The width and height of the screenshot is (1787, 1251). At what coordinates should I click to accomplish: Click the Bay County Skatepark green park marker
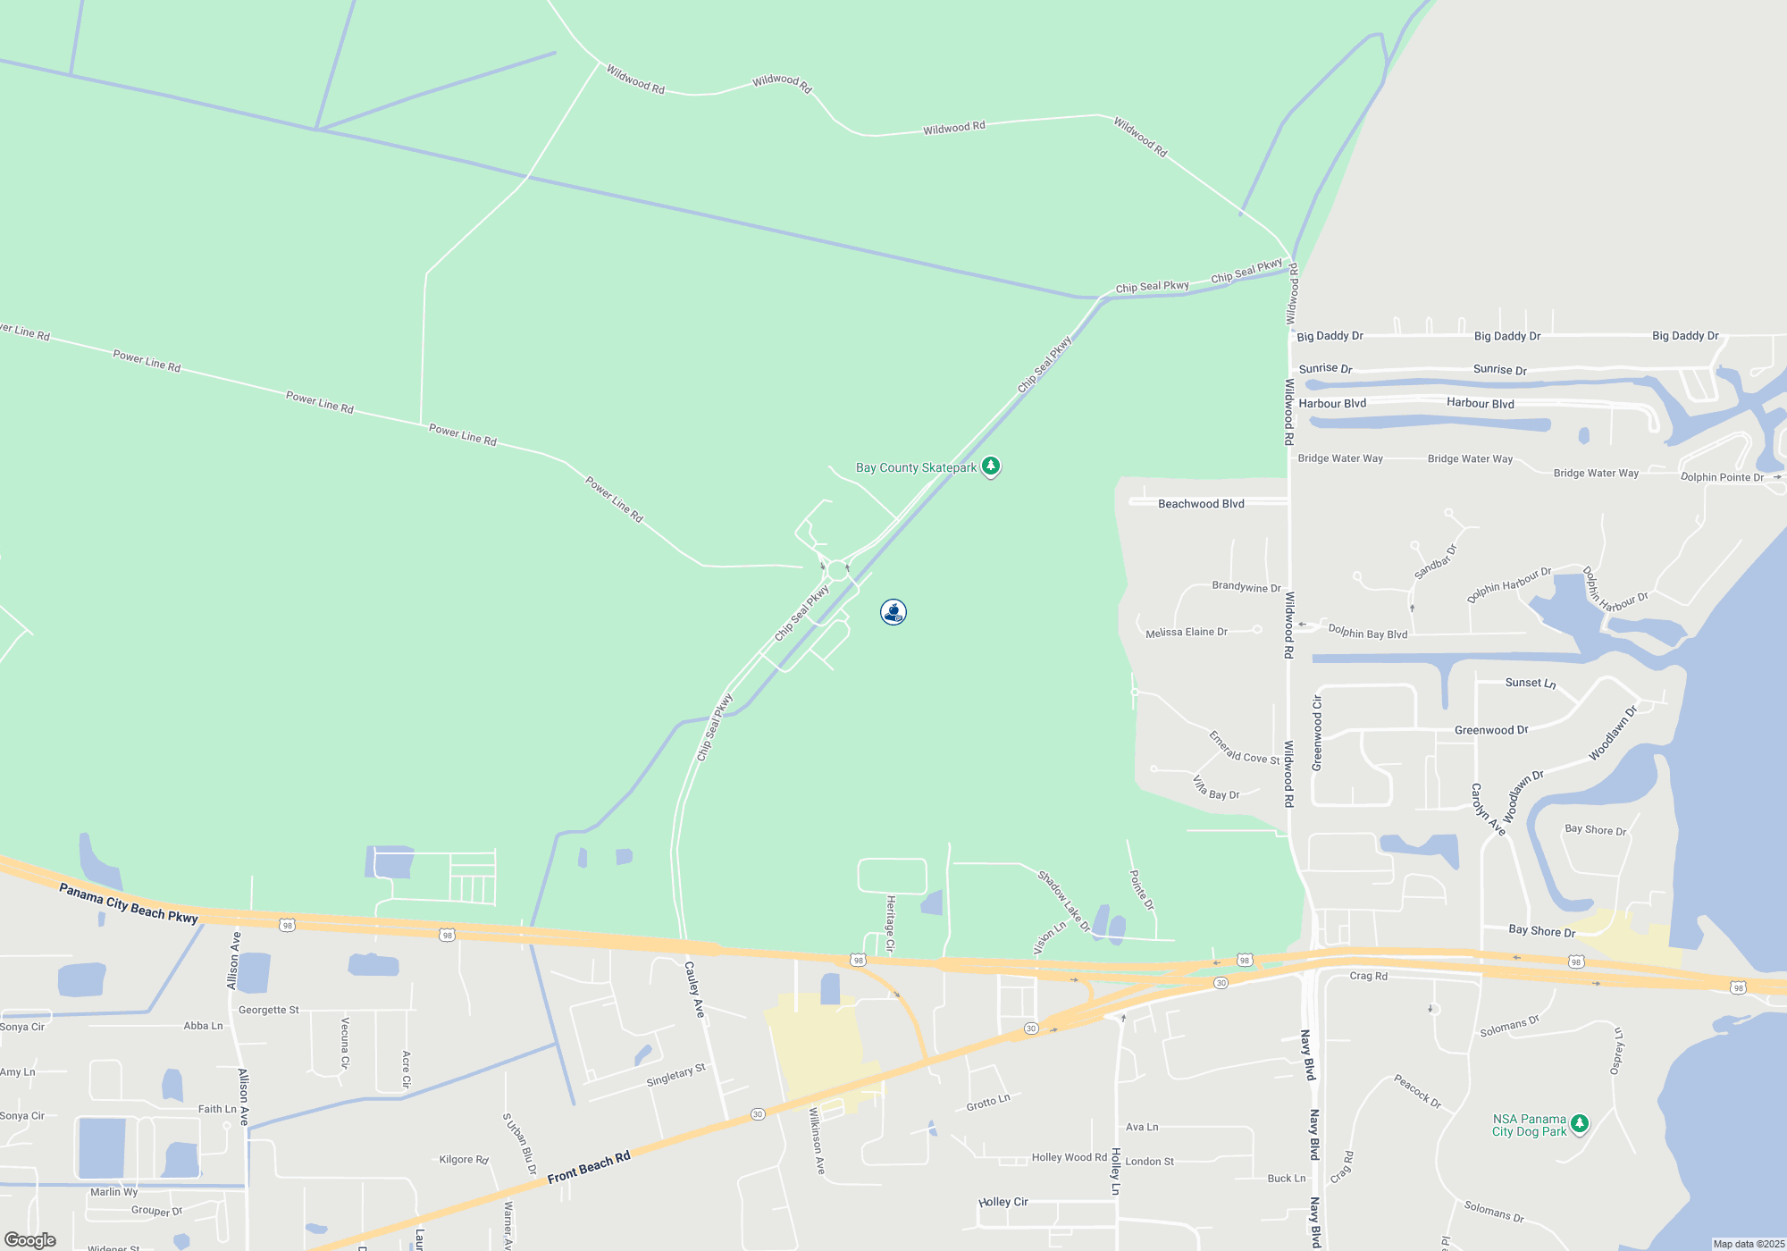990,466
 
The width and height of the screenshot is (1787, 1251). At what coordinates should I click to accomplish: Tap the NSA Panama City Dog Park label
1529,1125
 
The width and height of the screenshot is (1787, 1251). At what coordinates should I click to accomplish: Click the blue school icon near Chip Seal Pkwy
893,612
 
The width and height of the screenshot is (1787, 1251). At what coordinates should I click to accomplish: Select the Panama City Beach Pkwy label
129,903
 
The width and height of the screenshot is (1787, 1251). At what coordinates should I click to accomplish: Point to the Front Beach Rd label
589,1167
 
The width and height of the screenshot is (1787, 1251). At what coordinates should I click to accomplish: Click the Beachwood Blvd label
1201,504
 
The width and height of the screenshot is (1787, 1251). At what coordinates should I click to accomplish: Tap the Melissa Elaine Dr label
1186,633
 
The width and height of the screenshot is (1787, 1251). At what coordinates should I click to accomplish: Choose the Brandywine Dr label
1246,587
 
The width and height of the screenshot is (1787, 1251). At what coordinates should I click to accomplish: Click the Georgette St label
268,1010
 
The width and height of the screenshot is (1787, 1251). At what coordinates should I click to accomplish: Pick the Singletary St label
675,1075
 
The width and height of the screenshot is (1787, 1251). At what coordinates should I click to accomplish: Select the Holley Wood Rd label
1069,1157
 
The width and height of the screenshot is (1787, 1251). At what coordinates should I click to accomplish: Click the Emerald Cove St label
1244,747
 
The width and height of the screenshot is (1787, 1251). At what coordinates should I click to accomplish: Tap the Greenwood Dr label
1490,730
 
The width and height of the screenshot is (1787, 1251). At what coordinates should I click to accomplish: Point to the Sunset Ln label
1530,683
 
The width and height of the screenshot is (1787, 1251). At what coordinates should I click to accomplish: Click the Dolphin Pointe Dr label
1722,477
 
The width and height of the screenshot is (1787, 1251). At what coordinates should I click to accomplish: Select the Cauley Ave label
694,989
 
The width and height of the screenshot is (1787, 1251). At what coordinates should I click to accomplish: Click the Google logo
30,1239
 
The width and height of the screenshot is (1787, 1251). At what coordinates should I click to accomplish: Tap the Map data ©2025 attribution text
1748,1244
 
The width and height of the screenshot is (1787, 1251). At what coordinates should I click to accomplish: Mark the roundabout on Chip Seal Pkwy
837,570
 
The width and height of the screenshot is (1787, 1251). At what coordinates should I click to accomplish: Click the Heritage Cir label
890,923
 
